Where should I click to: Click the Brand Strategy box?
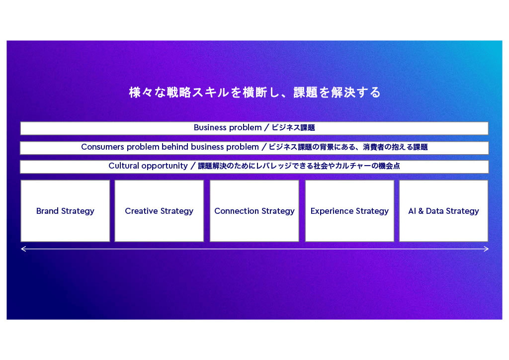(x=65, y=211)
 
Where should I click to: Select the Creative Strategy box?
(x=159, y=211)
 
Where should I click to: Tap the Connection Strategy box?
(x=254, y=211)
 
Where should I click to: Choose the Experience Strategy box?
(x=349, y=211)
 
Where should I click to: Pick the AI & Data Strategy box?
(x=443, y=211)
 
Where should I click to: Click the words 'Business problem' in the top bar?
(x=228, y=128)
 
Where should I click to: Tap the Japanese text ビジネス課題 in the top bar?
(x=293, y=128)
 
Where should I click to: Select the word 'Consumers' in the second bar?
(x=102, y=147)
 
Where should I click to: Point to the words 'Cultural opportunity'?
(x=148, y=166)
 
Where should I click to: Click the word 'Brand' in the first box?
(x=47, y=211)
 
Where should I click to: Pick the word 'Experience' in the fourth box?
(x=332, y=211)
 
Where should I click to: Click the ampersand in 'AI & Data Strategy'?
(x=421, y=211)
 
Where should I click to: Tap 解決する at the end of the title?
(x=355, y=92)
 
